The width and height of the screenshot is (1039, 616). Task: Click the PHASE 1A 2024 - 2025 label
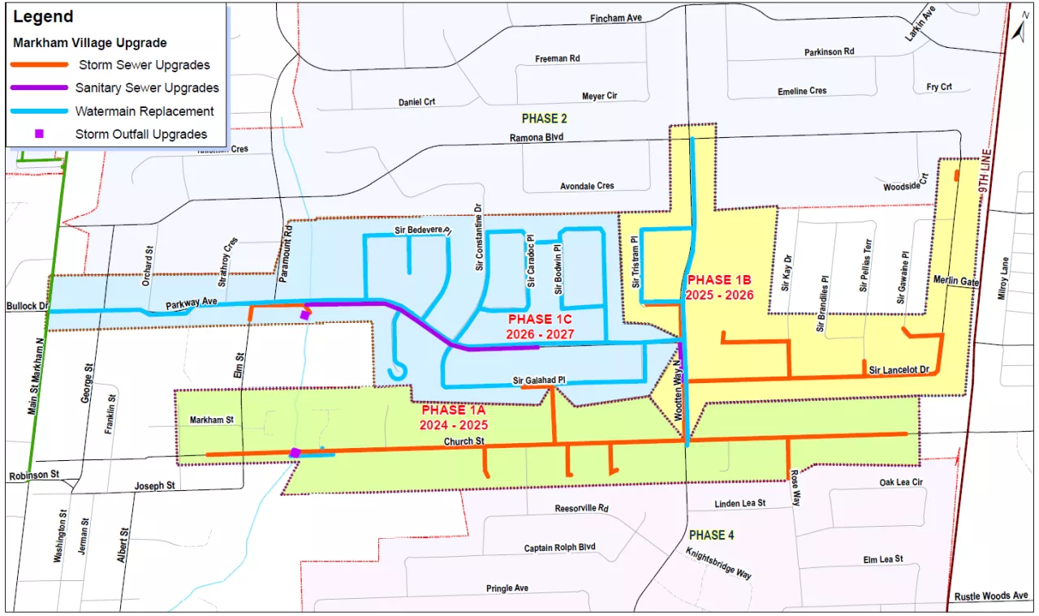click(x=454, y=417)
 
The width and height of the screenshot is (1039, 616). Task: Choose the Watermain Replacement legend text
click(x=144, y=111)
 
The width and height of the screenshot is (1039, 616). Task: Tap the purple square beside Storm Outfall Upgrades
click(x=39, y=134)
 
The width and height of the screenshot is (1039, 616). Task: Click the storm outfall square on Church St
click(x=295, y=453)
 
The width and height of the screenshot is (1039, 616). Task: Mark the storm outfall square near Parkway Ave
click(x=304, y=315)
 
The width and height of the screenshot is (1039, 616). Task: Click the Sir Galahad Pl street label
click(x=539, y=380)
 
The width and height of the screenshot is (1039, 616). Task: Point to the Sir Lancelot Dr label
click(x=898, y=370)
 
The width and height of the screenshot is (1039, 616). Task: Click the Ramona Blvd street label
click(x=536, y=138)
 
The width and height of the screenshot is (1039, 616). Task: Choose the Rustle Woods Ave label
click(x=991, y=596)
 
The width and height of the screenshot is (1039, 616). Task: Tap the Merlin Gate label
click(x=957, y=282)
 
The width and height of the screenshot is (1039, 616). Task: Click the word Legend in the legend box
click(x=44, y=17)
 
